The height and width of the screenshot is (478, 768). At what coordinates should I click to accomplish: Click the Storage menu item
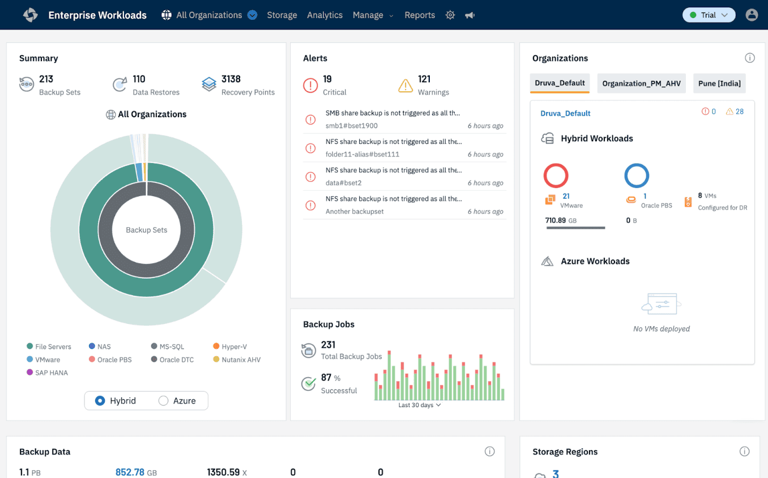pos(281,15)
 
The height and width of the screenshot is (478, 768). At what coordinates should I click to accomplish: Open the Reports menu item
pos(419,15)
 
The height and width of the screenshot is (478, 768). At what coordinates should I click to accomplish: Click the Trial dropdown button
pos(709,15)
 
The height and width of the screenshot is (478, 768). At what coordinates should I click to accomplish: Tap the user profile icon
pos(752,15)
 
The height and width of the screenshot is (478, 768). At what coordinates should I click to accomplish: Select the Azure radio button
pos(164,401)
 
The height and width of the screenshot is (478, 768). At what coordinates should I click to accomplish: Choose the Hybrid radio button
pos(100,401)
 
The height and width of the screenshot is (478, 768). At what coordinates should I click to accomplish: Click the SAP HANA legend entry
pos(48,373)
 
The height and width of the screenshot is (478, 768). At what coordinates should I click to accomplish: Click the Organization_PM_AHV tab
pos(641,83)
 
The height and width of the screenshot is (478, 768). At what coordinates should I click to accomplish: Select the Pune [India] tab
pos(719,83)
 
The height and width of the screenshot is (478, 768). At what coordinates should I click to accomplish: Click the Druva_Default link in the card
pos(565,113)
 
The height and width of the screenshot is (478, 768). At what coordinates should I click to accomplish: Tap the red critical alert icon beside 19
pos(310,86)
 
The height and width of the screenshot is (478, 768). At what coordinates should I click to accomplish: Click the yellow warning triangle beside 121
pos(406,86)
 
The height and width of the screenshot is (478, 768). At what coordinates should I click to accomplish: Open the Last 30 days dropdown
pos(419,406)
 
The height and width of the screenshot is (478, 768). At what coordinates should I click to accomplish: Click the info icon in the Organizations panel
pos(749,58)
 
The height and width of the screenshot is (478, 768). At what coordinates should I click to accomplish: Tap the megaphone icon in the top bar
pos(470,15)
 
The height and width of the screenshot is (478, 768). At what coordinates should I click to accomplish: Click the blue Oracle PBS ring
pos(637,176)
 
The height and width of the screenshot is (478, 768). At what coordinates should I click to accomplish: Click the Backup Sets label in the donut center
pos(146,230)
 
